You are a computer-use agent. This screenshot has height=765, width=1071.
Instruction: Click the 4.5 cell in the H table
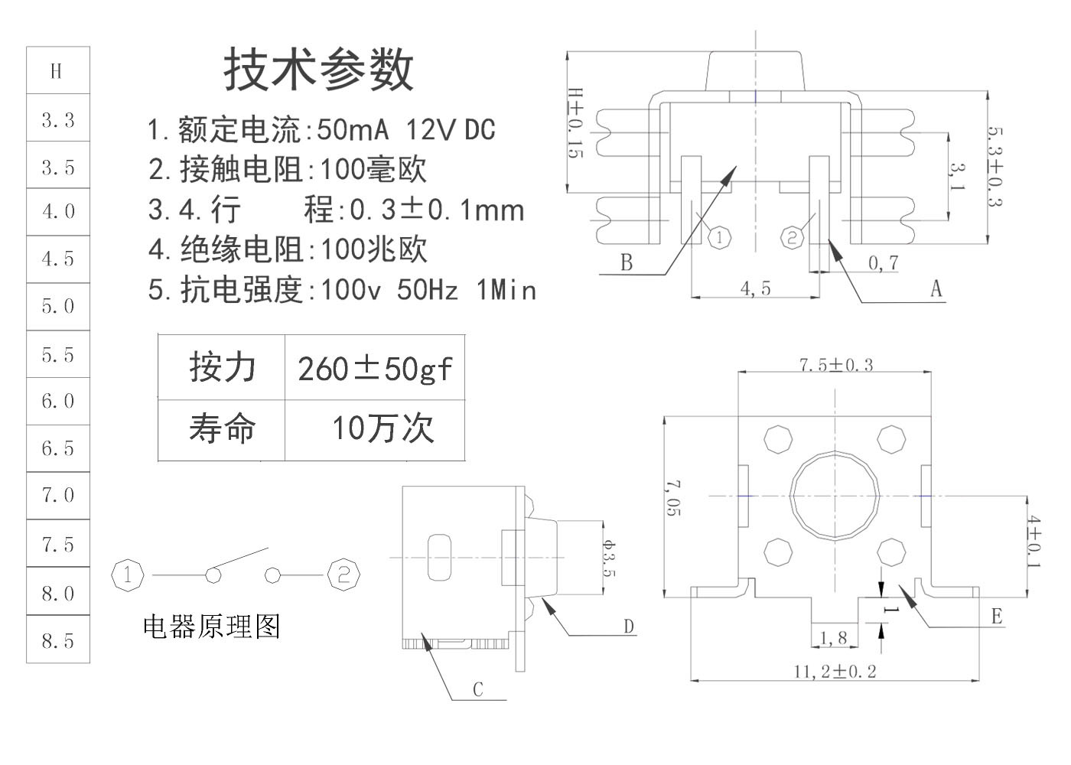pyautogui.click(x=58, y=259)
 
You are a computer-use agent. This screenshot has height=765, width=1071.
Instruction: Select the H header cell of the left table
pyautogui.click(x=58, y=70)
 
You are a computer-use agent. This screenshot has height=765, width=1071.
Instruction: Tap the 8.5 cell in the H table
pyautogui.click(x=58, y=640)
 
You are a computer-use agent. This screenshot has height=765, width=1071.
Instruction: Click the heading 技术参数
pyautogui.click(x=318, y=70)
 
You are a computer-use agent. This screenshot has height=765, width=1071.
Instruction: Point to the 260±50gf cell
pyautogui.click(x=375, y=368)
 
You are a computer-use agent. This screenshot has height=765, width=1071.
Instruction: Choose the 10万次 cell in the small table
pyautogui.click(x=375, y=430)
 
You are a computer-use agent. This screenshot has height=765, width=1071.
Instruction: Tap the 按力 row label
pyautogui.click(x=222, y=367)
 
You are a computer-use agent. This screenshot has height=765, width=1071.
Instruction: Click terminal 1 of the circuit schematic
pyautogui.click(x=127, y=575)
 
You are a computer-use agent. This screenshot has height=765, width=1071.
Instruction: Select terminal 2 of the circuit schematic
pyautogui.click(x=343, y=575)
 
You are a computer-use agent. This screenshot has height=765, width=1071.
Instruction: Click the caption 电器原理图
pyautogui.click(x=212, y=627)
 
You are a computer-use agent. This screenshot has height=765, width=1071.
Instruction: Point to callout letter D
pyautogui.click(x=629, y=626)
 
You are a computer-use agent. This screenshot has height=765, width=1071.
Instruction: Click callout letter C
pyautogui.click(x=478, y=689)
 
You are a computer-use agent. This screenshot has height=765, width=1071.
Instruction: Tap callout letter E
pyautogui.click(x=997, y=617)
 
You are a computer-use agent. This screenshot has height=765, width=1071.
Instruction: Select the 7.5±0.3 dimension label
pyautogui.click(x=836, y=366)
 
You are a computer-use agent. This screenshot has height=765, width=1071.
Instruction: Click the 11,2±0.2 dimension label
pyautogui.click(x=835, y=672)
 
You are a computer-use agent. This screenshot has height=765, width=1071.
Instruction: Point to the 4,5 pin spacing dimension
pyautogui.click(x=756, y=288)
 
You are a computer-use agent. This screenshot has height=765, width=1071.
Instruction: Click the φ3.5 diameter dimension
pyautogui.click(x=609, y=558)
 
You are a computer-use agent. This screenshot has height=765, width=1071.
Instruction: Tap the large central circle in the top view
pyautogui.click(x=835, y=496)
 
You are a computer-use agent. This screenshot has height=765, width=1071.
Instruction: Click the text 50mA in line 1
pyautogui.click(x=353, y=129)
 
